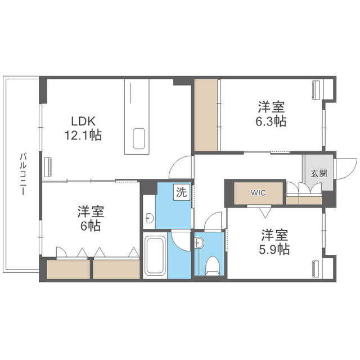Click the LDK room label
(x=83, y=121)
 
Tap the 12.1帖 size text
(x=83, y=135)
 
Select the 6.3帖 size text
(x=271, y=121)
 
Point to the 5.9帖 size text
(x=274, y=249)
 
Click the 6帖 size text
(x=91, y=226)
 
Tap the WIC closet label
(x=258, y=192)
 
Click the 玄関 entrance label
(x=319, y=173)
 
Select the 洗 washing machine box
(x=182, y=192)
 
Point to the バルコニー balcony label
(x=23, y=174)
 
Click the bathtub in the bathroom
(x=155, y=255)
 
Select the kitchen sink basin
(x=139, y=139)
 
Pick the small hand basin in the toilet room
(x=198, y=243)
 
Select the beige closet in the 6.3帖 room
(x=206, y=115)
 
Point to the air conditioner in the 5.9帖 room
(x=316, y=269)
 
